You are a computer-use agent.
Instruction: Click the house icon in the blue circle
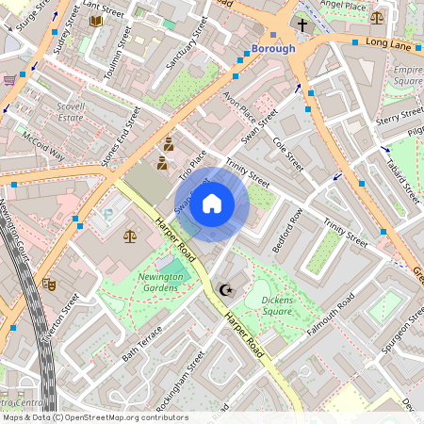212,204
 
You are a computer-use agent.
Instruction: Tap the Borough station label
274,48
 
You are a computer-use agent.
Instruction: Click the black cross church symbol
302,25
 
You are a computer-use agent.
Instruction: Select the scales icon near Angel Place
377,17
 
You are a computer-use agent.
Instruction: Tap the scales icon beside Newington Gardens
129,236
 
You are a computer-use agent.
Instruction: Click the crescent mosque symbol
224,290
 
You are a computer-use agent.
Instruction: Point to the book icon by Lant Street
95,20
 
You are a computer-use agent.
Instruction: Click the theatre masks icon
49,283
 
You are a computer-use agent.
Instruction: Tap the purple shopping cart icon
9,79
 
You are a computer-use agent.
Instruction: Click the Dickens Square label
263,306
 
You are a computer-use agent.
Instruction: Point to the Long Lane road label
388,43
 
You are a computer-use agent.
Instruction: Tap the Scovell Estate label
71,113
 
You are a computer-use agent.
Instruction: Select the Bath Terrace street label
142,345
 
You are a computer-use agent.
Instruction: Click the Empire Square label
408,75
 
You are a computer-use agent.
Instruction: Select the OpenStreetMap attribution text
94,417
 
